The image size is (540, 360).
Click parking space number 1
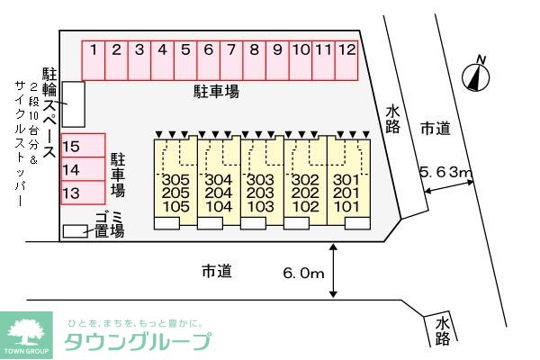click(94, 50)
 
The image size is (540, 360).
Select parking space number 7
click(231, 50)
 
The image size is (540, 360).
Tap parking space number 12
click(347, 50)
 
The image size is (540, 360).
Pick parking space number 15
click(73, 147)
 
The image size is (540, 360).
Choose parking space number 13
click(73, 193)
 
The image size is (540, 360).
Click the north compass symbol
click(473, 76)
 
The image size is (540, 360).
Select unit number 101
click(346, 207)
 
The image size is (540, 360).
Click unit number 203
click(260, 193)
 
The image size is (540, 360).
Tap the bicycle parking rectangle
click(75, 103)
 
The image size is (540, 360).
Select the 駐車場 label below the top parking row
click(216, 90)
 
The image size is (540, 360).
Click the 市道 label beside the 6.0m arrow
click(216, 270)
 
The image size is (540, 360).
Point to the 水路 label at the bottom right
click(442, 330)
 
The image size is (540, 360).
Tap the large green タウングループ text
click(138, 341)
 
